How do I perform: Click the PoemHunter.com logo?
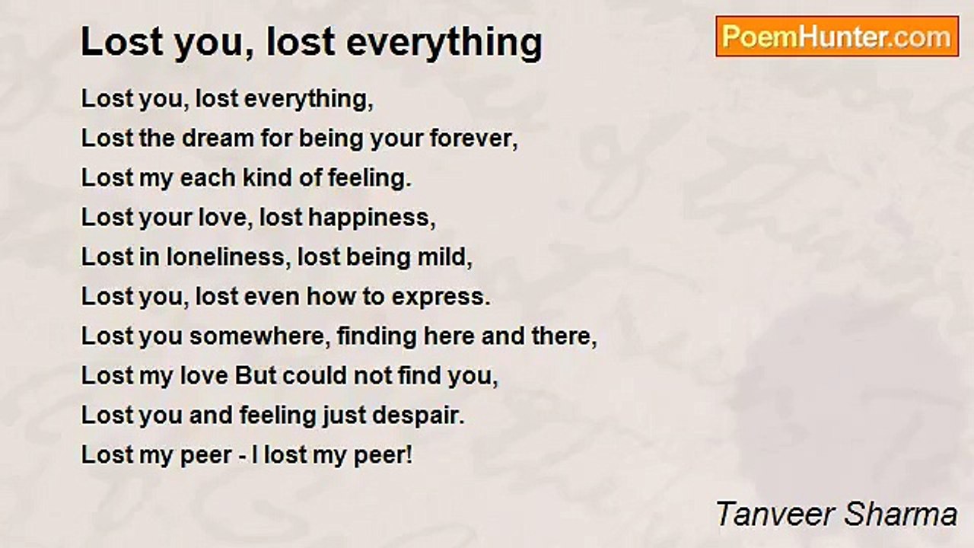(x=837, y=37)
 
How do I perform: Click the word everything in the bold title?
(x=444, y=43)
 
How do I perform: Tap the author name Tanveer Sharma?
(x=836, y=514)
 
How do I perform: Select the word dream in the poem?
(x=218, y=139)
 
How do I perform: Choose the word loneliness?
(x=226, y=257)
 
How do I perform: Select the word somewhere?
(x=257, y=336)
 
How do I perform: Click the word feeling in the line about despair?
(x=278, y=416)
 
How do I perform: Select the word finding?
(x=377, y=337)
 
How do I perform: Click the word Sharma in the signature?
(x=900, y=514)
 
